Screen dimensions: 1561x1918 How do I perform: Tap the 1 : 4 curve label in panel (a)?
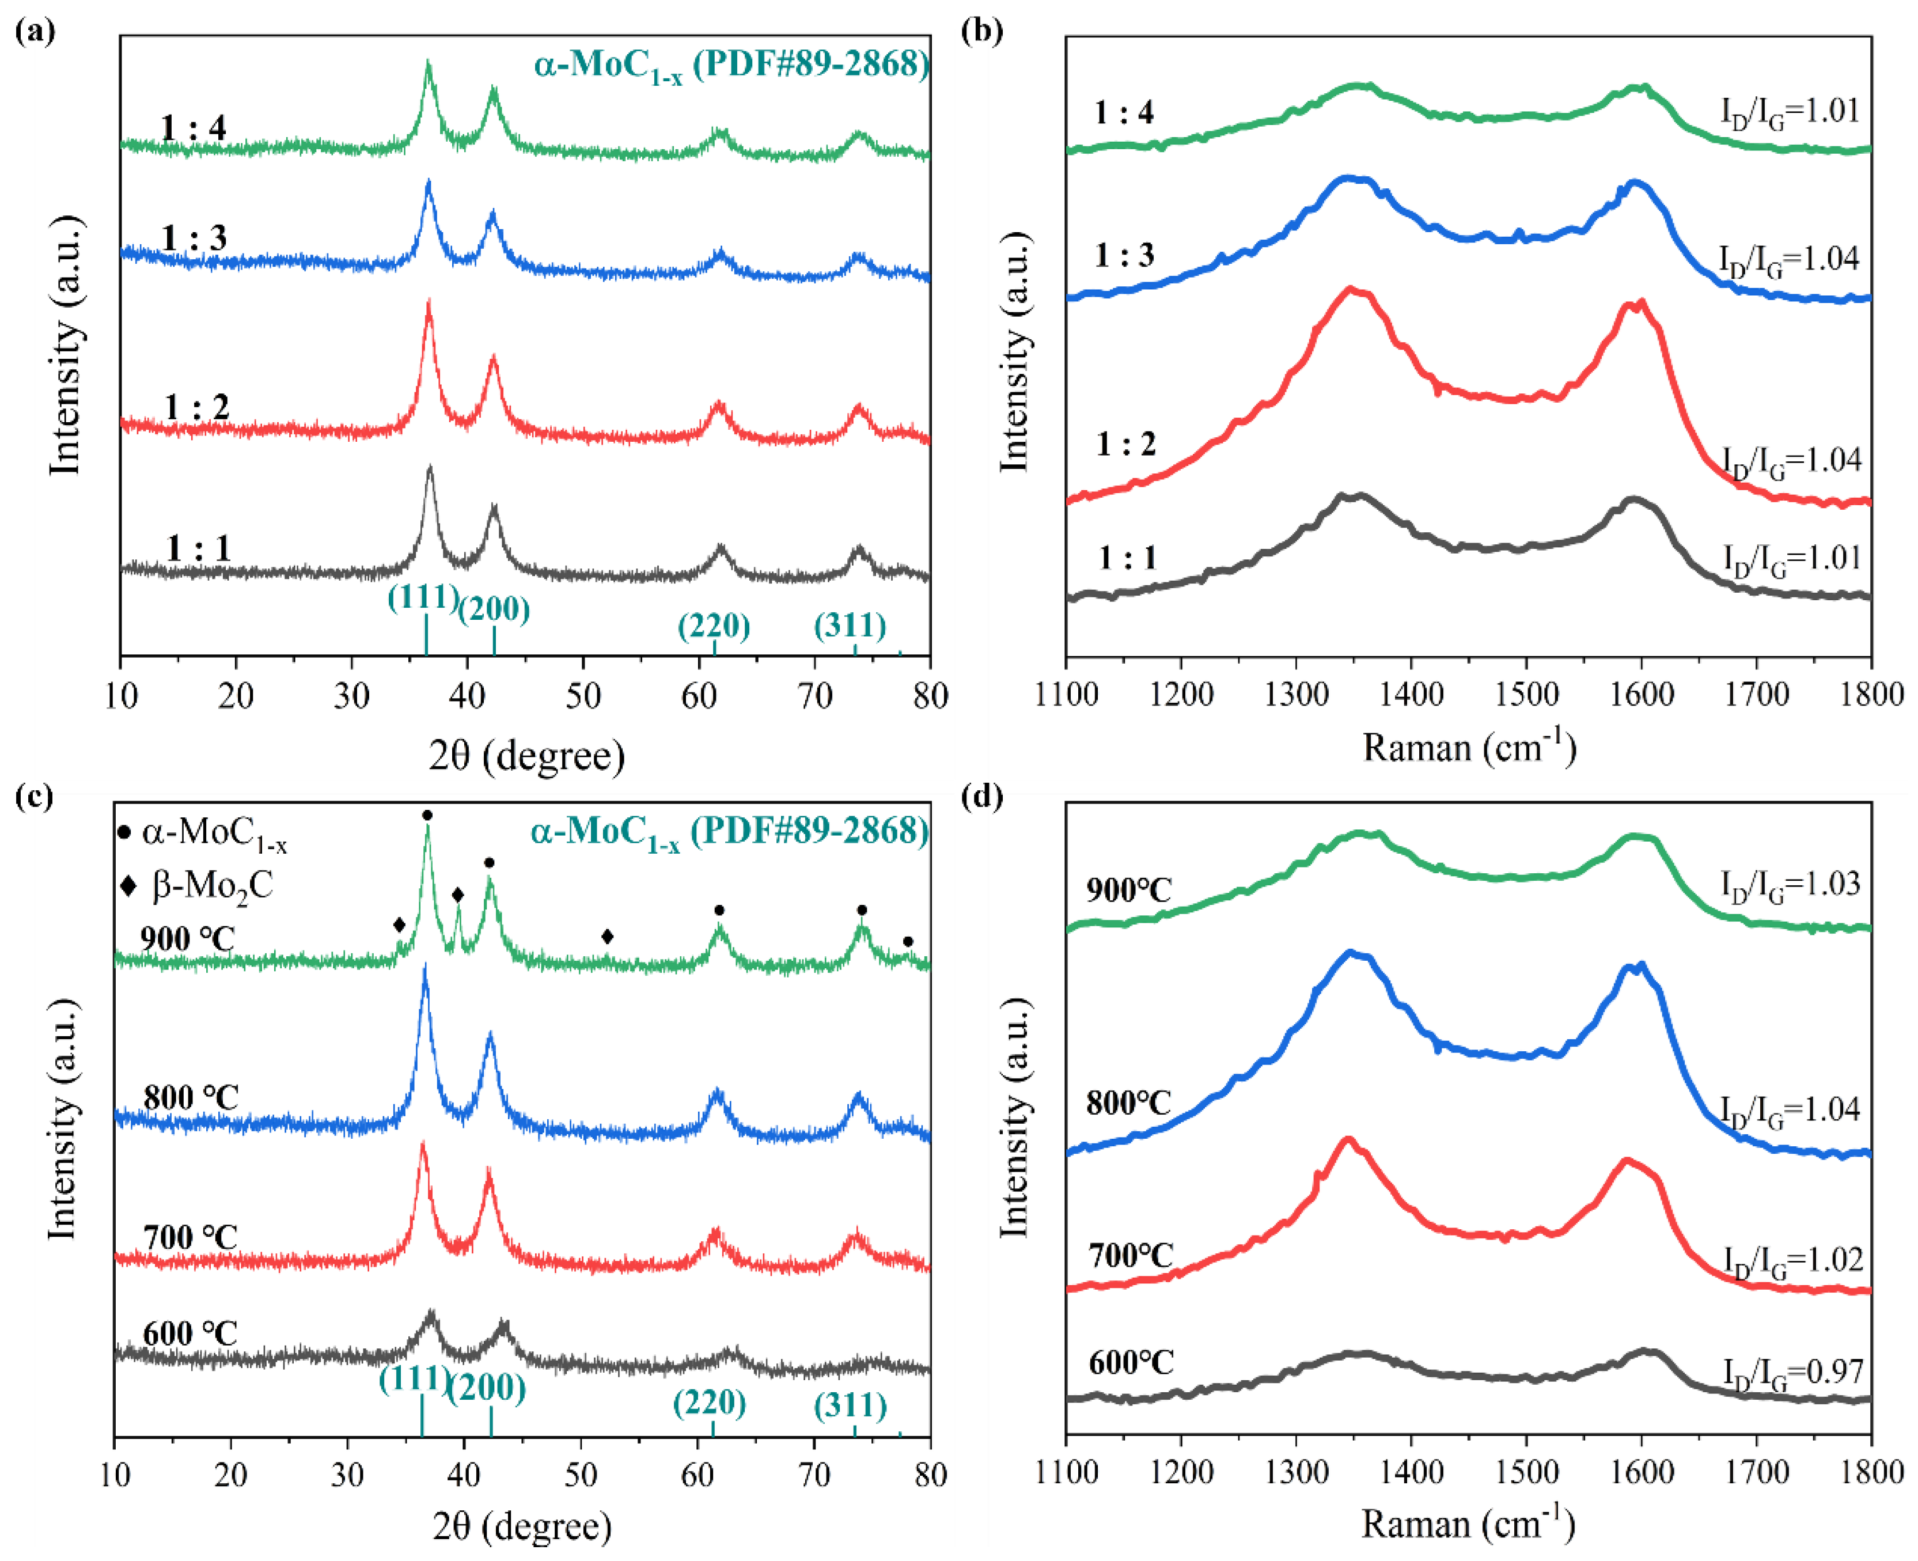(x=194, y=128)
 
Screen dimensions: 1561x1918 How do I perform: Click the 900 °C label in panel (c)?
(x=187, y=939)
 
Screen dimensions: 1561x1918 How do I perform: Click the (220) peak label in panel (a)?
(x=713, y=625)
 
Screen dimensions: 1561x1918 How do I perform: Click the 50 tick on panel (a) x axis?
(x=583, y=696)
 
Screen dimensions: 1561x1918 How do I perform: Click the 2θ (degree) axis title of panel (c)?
(x=521, y=1526)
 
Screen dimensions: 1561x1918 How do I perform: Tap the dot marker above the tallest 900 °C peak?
(x=427, y=814)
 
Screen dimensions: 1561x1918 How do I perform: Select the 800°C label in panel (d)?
(x=1128, y=1103)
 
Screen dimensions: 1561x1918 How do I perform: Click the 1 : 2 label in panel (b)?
(x=1126, y=444)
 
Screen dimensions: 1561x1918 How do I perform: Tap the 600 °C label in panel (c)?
(x=189, y=1332)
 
